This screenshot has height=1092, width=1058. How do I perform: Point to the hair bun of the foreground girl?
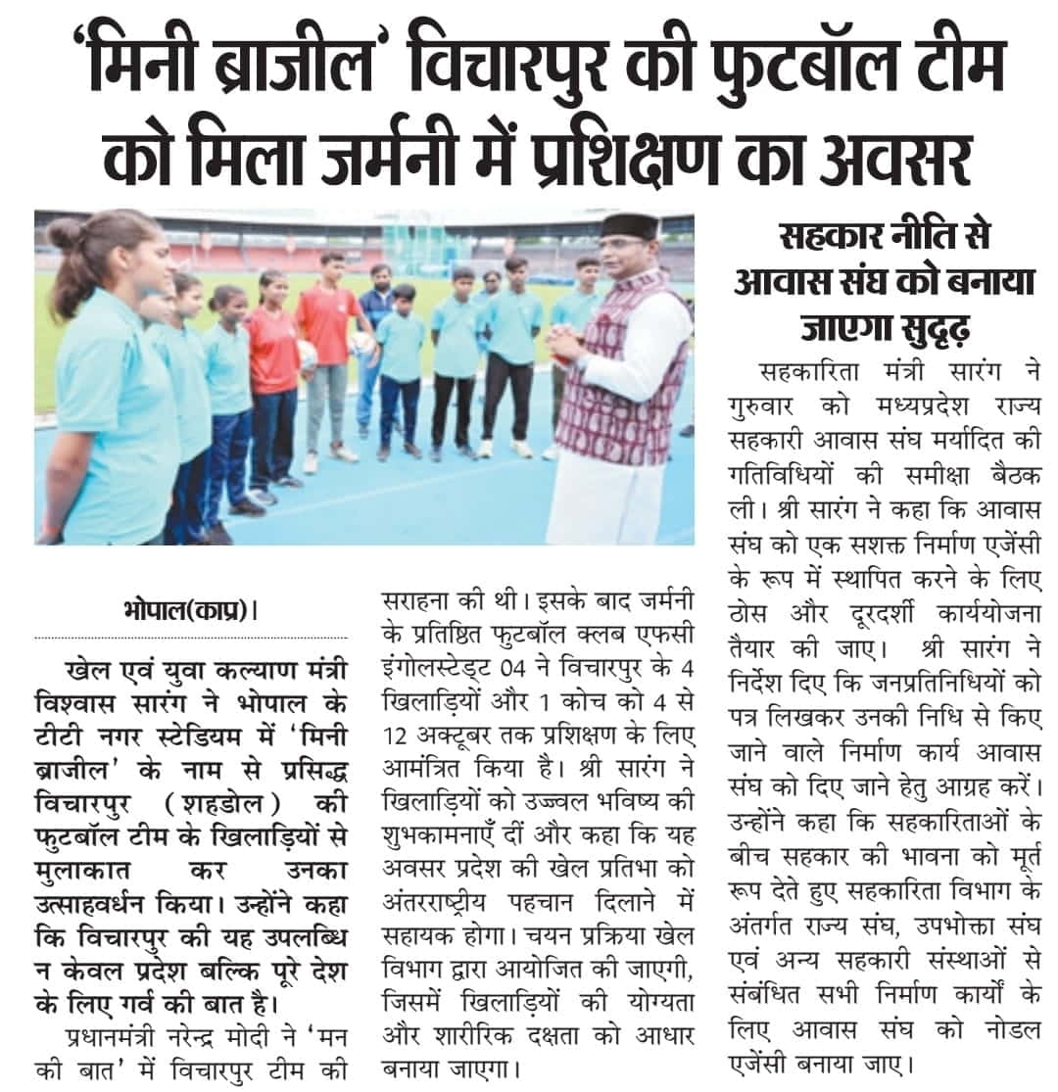(65, 235)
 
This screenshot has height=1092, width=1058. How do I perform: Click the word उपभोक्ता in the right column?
(935, 945)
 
